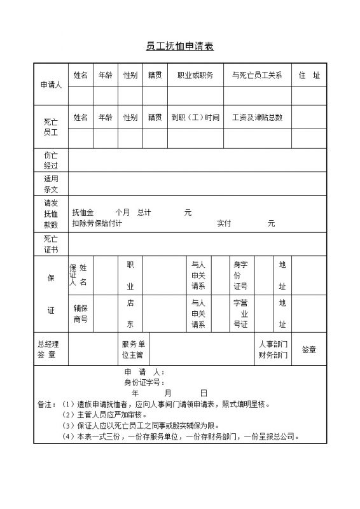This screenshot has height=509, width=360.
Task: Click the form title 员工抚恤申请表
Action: [180, 46]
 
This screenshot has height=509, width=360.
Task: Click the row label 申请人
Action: [50, 85]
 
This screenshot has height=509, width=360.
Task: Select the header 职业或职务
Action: [195, 75]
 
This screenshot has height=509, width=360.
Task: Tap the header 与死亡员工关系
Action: [257, 75]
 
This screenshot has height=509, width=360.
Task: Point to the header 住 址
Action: [309, 75]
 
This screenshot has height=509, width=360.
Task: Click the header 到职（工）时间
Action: [195, 117]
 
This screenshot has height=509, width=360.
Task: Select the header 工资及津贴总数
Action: [257, 117]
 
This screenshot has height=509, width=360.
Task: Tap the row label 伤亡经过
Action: [50, 160]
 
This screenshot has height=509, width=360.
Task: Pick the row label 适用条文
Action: [50, 184]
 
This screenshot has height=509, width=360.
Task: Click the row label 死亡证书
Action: [50, 244]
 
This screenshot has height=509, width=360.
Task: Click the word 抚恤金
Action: [83, 213]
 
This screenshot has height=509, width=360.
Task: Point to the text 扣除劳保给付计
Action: [97, 223]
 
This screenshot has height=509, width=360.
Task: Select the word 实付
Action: [224, 223]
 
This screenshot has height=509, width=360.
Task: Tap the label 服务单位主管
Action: [133, 349]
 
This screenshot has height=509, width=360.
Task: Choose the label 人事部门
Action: [273, 344]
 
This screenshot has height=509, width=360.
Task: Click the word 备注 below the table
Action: [46, 404]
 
